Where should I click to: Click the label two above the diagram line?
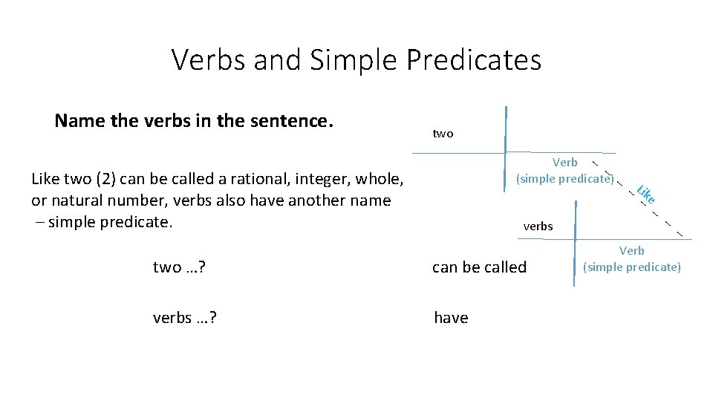(x=443, y=134)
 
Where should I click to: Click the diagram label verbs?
(x=538, y=226)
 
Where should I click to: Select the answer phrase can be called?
(x=479, y=267)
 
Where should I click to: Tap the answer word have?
(x=451, y=318)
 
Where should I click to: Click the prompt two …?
(x=179, y=267)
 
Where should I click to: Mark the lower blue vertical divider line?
(x=574, y=252)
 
